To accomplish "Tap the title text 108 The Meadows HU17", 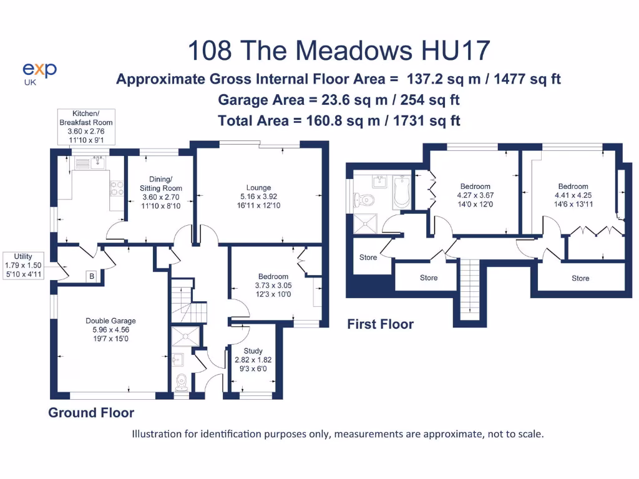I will click(339, 51).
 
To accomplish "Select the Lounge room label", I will click(258, 196).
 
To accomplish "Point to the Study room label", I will click(253, 359).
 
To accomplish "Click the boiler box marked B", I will click(92, 276).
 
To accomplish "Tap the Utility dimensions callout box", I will click(23, 265).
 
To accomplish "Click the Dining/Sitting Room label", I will click(161, 193).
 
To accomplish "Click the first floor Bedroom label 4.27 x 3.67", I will click(476, 195).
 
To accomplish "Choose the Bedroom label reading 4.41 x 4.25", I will click(573, 195).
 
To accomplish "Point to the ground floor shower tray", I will click(185, 336).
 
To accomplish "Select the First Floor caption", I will click(380, 324).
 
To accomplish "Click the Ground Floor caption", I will click(91, 413).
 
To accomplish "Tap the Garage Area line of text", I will click(339, 100).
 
